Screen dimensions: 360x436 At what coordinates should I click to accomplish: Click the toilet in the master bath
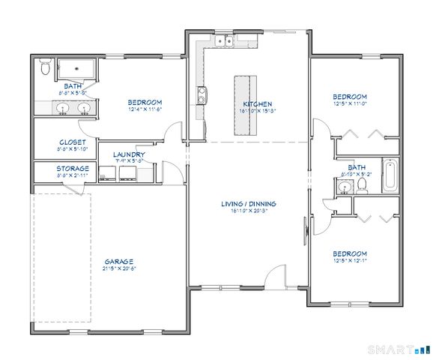(x=45, y=69)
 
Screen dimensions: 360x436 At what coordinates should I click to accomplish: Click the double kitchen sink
(x=222, y=41)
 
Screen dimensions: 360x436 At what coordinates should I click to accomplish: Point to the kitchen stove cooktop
(x=202, y=95)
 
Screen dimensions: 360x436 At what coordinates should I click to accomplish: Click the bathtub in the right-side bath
(x=391, y=175)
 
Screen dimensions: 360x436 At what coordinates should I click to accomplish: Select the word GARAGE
(x=118, y=261)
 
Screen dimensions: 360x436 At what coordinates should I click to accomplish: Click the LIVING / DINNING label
(x=249, y=203)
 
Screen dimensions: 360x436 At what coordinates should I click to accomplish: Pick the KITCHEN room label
(x=257, y=103)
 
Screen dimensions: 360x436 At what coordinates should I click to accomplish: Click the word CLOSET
(x=73, y=142)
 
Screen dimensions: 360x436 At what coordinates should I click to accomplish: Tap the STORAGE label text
(x=73, y=168)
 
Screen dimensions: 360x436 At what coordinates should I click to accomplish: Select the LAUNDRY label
(x=129, y=154)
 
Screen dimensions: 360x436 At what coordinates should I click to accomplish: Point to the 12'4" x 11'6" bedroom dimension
(x=145, y=109)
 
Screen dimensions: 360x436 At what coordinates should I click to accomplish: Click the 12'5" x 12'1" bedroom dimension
(x=350, y=260)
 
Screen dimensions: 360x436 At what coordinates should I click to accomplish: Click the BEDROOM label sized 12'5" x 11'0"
(x=350, y=97)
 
